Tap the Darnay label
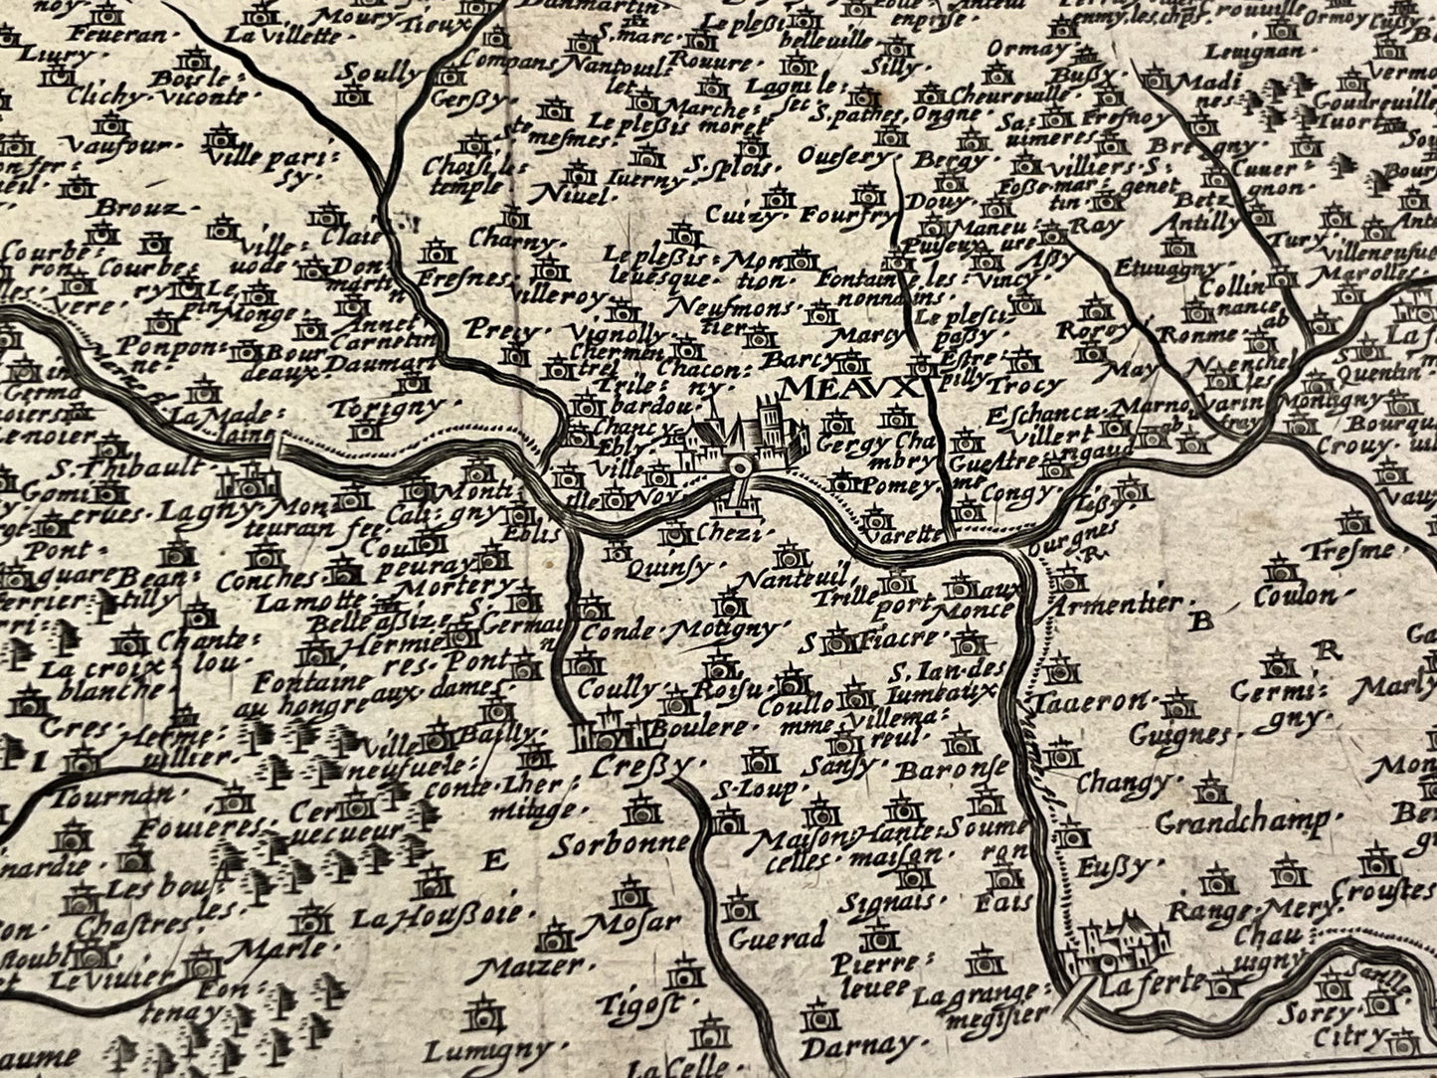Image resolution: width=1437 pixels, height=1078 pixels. tap(856, 1046)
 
